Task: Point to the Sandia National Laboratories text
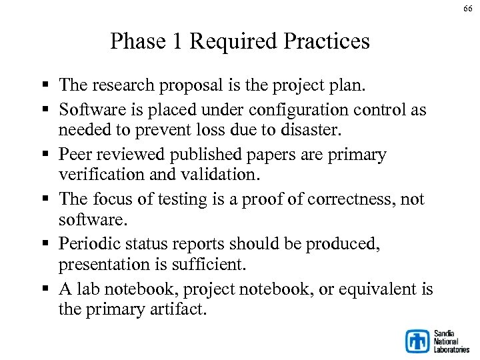point(451,341)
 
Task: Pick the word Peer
point(75,155)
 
